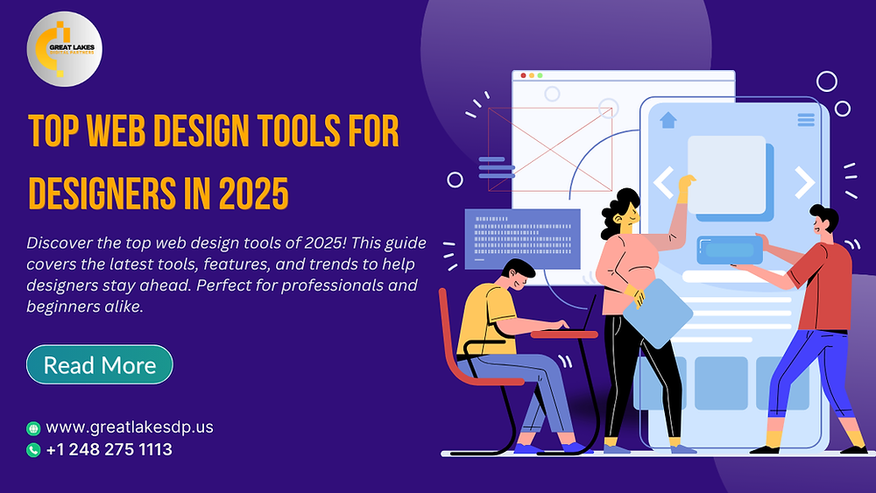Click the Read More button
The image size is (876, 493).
tap(100, 364)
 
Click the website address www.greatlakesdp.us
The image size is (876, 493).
tap(130, 427)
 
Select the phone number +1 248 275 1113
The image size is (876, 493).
tap(109, 450)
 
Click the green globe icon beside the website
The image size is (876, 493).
tap(33, 428)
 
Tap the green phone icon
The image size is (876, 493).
tap(33, 450)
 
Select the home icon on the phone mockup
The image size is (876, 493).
tap(668, 120)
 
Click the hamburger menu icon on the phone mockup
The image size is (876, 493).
tap(805, 120)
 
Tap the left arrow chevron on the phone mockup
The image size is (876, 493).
tap(663, 183)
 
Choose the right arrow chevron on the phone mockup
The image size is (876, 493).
tap(803, 182)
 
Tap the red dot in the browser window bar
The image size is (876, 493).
tap(523, 77)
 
